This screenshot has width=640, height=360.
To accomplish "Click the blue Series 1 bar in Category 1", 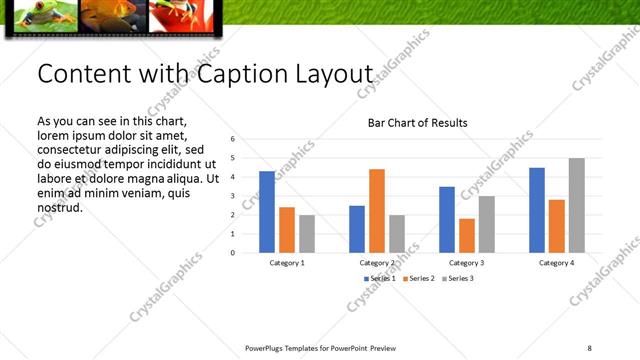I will click(266, 212).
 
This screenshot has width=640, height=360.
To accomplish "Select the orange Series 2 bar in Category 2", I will click(376, 211).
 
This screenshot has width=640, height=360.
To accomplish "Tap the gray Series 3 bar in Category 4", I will click(576, 205).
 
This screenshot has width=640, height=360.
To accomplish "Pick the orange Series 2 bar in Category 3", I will click(467, 235).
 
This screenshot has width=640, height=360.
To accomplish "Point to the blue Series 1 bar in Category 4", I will click(537, 210).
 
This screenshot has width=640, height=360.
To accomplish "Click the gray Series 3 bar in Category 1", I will click(306, 234).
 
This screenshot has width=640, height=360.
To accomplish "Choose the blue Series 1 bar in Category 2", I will click(357, 229).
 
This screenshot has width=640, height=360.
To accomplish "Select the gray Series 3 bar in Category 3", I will click(486, 224).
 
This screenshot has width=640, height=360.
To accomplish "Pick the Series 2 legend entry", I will click(417, 277).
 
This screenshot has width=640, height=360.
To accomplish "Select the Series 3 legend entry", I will click(459, 277).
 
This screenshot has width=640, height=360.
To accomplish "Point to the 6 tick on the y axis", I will click(233, 139).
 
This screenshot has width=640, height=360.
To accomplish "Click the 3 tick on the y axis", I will click(233, 196).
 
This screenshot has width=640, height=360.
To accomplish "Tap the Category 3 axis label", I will click(467, 262).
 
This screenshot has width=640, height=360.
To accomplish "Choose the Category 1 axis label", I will click(287, 262).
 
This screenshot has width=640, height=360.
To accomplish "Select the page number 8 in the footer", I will click(589, 348).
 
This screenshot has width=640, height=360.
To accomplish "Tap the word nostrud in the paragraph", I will click(59, 207).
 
